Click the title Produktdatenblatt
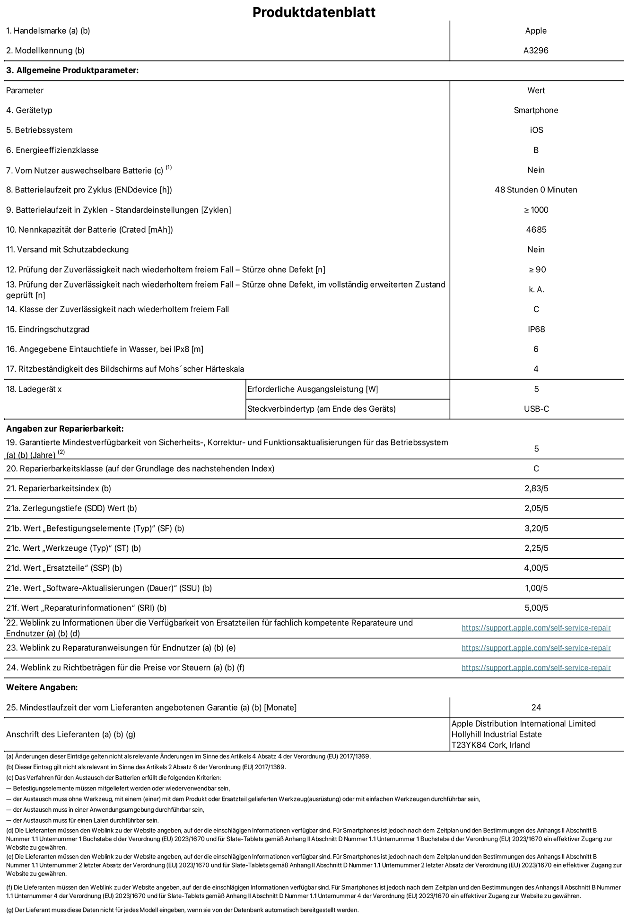pyautogui.click(x=314, y=12)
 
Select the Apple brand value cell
pyautogui.click(x=536, y=31)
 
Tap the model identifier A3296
pyautogui.click(x=536, y=51)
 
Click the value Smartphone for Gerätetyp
pyautogui.click(x=536, y=110)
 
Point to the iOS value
pyautogui.click(x=536, y=130)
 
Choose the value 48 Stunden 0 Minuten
pyautogui.click(x=536, y=190)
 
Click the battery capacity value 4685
pyautogui.click(x=536, y=230)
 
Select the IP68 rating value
pyautogui.click(x=536, y=329)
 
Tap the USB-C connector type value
pyautogui.click(x=536, y=409)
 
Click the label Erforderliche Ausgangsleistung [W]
pyautogui.click(x=313, y=389)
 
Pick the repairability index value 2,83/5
pyautogui.click(x=536, y=488)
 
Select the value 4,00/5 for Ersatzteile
pyautogui.click(x=536, y=568)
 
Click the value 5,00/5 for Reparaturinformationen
pyautogui.click(x=536, y=608)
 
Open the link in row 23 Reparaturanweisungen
pyautogui.click(x=536, y=648)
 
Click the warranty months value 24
pyautogui.click(x=536, y=707)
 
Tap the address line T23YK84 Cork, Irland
pyautogui.click(x=490, y=745)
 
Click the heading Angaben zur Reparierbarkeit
pyautogui.click(x=65, y=429)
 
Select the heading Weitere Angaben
pyautogui.click(x=42, y=687)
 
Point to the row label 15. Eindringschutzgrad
pyautogui.click(x=48, y=329)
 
